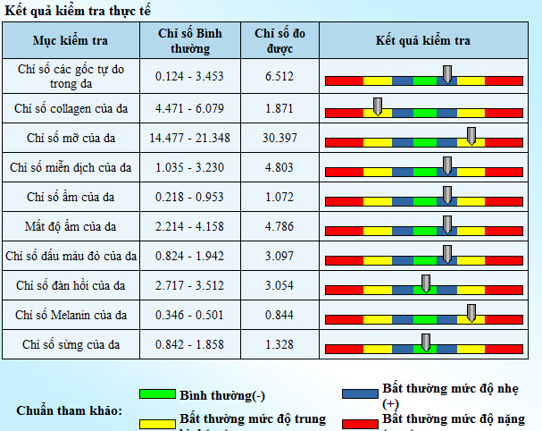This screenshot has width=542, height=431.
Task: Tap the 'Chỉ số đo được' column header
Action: (279, 41)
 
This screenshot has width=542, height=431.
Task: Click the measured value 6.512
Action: (279, 77)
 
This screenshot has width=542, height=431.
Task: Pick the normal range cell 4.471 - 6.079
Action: (190, 108)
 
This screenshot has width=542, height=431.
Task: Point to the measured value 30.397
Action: (279, 138)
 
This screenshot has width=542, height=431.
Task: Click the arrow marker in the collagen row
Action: (378, 106)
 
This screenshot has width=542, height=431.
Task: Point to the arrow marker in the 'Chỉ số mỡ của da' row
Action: (471, 135)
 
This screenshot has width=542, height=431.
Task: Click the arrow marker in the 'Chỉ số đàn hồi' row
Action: (425, 283)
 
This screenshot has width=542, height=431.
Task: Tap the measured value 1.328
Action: (279, 344)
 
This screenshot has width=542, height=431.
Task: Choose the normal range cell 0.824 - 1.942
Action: (190, 257)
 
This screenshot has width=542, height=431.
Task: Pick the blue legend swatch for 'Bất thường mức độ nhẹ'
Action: (360, 394)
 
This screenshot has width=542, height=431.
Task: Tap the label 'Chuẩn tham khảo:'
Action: (69, 411)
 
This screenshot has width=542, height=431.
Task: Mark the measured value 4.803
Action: (279, 167)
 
